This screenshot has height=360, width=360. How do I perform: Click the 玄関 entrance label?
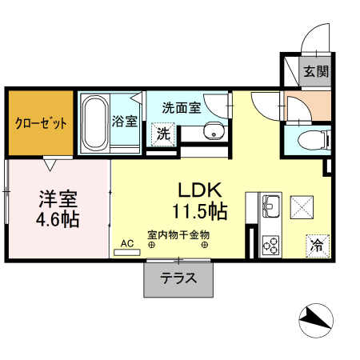(x=315, y=72)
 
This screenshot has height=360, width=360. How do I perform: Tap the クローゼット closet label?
(x=40, y=124)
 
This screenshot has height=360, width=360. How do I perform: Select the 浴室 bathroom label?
(x=125, y=122)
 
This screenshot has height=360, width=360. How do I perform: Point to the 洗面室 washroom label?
(x=181, y=106)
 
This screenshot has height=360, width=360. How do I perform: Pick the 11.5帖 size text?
(x=199, y=212)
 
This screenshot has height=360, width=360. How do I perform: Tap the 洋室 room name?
(x=58, y=197)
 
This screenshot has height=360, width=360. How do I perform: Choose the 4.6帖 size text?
(x=58, y=218)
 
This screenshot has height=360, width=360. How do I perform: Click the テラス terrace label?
(x=179, y=279)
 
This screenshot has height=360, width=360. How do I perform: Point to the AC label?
(x=126, y=242)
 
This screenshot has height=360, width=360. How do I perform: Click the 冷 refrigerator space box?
(x=317, y=245)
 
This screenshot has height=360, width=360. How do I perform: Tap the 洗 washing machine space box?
(x=163, y=134)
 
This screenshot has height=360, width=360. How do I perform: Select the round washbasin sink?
(x=211, y=133)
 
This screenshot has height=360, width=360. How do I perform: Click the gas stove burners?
(x=270, y=243)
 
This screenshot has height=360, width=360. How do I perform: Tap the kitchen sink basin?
(x=270, y=204)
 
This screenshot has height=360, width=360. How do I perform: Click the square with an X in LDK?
(x=302, y=206)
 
